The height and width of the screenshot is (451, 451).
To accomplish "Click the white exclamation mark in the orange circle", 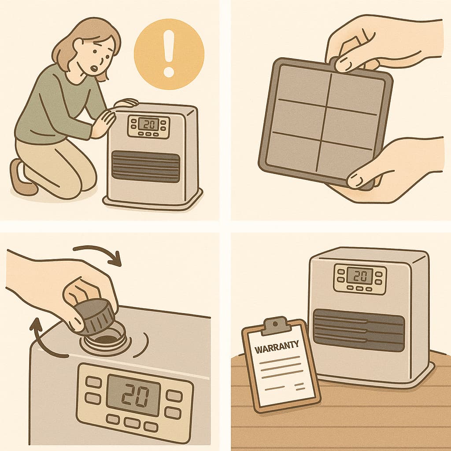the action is [169, 53].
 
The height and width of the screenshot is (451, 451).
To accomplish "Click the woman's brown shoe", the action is [22, 178].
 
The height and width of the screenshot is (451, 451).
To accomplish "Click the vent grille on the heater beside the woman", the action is [146, 166].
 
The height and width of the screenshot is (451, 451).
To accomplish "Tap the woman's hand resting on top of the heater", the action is [126, 103].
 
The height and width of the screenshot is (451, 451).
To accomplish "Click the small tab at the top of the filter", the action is [334, 60].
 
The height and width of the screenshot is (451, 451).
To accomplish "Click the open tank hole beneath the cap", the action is [107, 340].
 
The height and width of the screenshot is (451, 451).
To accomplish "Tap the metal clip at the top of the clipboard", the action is [275, 325].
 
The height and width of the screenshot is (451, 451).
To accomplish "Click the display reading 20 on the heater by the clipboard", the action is [359, 276].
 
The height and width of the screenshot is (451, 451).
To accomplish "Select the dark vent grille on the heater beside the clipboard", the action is [359, 330].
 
